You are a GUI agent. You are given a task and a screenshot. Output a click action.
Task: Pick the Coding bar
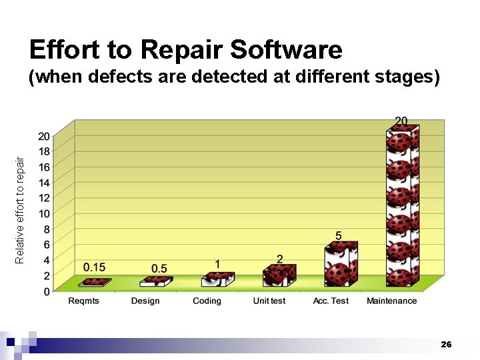(x=217, y=279)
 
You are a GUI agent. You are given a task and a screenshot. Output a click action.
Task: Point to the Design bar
(x=156, y=282)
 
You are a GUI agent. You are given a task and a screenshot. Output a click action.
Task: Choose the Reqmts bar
(x=94, y=283)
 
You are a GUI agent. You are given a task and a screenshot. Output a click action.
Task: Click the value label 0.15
(x=94, y=267)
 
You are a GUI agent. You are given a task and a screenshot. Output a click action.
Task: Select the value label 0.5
(x=159, y=268)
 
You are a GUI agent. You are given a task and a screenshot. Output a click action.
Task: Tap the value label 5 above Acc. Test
(x=339, y=236)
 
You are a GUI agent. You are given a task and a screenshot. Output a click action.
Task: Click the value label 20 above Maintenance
(x=401, y=121)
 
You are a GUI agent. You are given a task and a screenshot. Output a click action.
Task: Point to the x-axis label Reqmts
(x=85, y=301)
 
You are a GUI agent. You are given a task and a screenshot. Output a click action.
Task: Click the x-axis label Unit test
(x=269, y=301)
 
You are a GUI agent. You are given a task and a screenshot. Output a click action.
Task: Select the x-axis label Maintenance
(x=391, y=301)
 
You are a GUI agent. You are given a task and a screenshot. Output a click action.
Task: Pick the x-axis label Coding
(x=207, y=301)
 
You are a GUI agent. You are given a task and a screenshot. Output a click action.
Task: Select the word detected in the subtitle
(x=215, y=77)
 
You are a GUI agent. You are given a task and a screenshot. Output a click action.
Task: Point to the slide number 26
(x=446, y=344)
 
